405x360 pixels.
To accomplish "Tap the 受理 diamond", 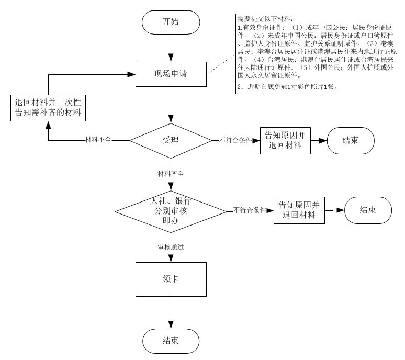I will (171, 140).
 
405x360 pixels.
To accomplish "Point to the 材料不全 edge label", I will (98, 141).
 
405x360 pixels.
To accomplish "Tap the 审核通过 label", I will (171, 246).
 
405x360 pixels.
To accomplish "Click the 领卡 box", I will (171, 279).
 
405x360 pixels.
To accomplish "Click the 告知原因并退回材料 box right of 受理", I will (285, 140).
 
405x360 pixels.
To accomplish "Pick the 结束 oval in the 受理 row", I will (350, 140).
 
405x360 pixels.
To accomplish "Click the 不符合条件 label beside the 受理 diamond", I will (235, 141).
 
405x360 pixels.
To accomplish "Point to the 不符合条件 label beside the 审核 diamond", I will (250, 210).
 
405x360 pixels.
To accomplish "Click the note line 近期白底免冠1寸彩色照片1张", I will (287, 86).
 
